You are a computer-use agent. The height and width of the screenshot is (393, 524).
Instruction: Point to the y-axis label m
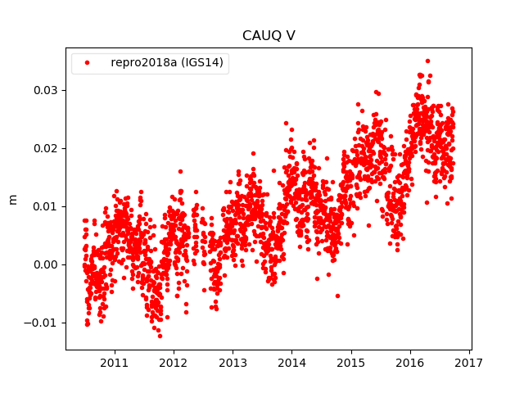tap(12, 199)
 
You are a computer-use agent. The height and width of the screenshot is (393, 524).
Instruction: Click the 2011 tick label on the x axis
tap(114, 363)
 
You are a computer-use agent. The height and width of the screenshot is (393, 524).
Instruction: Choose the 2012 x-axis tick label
tap(174, 363)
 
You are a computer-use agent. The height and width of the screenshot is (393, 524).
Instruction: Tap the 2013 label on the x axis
tap(233, 363)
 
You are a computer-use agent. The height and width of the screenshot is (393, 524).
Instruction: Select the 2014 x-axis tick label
tap(291, 363)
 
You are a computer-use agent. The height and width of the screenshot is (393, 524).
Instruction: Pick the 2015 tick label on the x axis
tap(351, 363)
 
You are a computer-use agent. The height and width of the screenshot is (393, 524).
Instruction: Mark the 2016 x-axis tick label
tap(410, 363)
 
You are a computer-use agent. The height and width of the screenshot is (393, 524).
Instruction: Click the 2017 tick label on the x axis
tap(469, 363)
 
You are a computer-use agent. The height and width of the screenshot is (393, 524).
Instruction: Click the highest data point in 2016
tap(427, 61)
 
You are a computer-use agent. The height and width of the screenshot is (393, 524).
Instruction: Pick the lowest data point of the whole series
tap(160, 336)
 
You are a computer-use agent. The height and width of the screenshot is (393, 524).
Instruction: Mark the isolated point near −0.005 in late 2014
tap(337, 296)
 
